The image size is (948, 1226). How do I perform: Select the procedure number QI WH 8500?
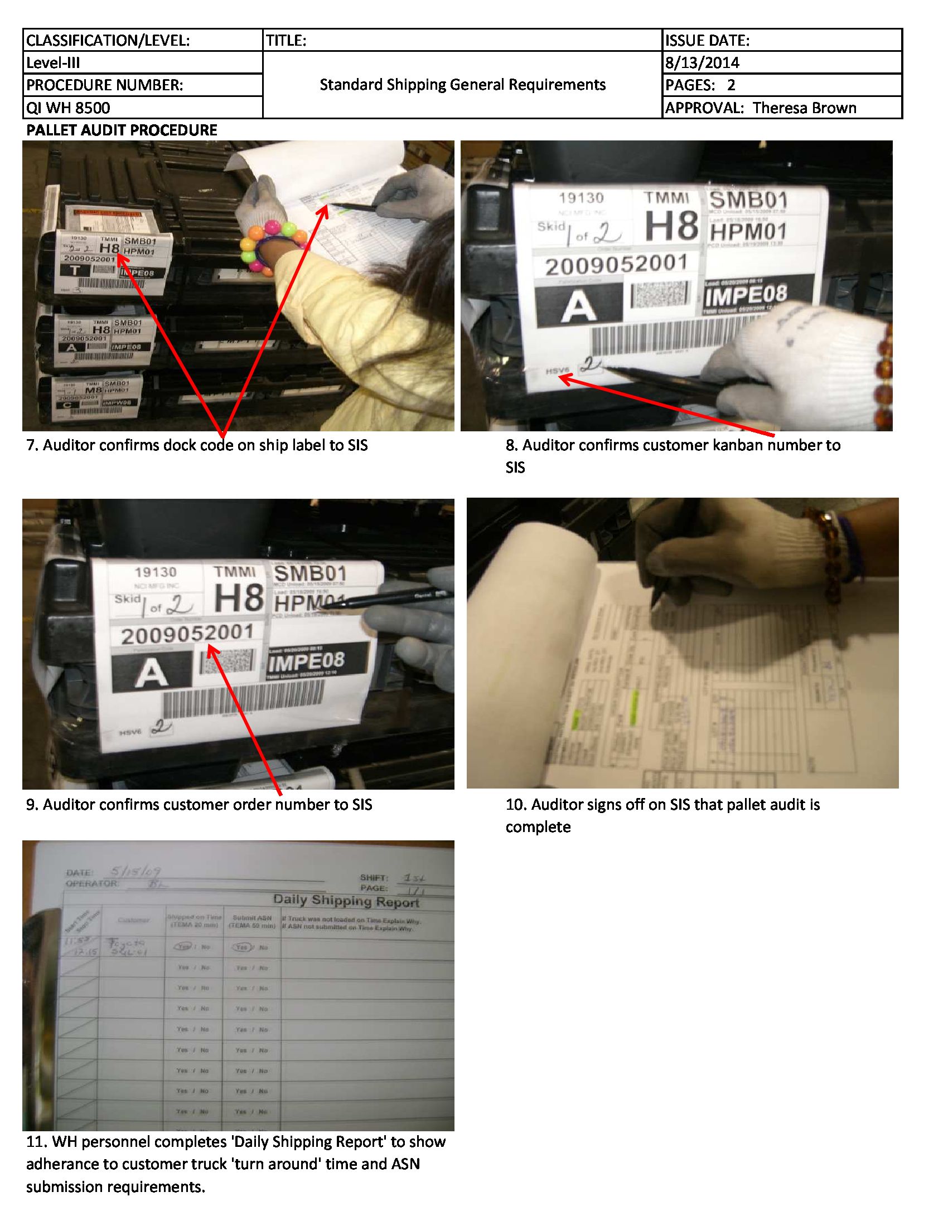click(68, 108)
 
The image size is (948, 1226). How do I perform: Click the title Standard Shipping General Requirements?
click(462, 85)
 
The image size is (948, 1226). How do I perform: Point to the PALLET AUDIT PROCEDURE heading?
click(122, 130)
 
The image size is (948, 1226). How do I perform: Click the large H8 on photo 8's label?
click(671, 225)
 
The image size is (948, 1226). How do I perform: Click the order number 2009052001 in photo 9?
click(187, 634)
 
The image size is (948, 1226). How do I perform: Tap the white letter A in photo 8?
click(578, 306)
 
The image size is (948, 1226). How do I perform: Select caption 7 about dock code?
click(196, 445)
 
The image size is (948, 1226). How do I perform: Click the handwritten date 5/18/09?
click(136, 872)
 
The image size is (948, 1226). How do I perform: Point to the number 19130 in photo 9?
click(156, 572)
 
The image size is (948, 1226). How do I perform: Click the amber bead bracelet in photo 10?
click(830, 556)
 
